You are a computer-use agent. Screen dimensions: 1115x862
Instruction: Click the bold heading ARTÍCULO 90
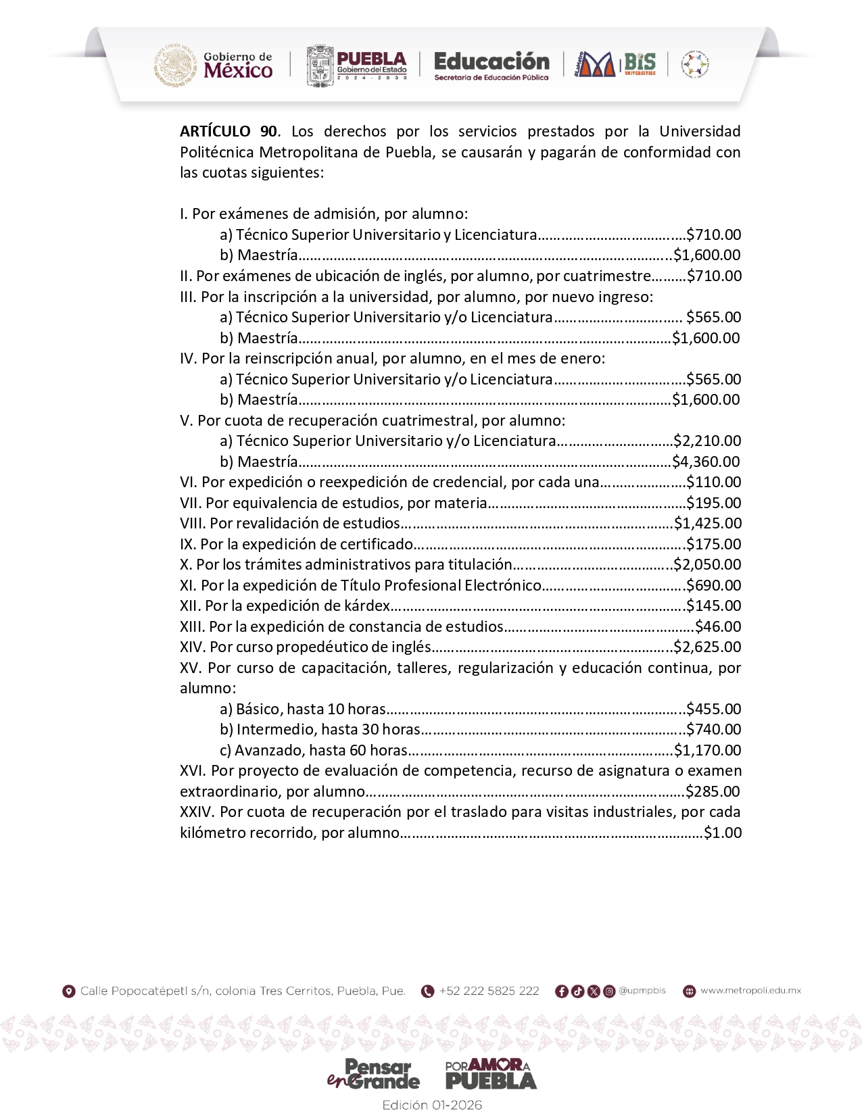point(229,131)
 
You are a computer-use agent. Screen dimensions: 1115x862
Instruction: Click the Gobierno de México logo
point(214,65)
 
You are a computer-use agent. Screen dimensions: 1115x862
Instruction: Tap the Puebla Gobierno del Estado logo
point(357,66)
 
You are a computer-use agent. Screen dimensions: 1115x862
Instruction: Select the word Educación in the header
point(492,61)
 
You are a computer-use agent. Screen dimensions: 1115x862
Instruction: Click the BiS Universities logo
point(639,64)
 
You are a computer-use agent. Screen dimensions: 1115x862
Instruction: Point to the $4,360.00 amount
point(706,462)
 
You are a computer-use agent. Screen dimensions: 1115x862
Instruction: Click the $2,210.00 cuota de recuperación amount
point(707,441)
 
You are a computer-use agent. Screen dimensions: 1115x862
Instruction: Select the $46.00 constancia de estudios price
point(718,626)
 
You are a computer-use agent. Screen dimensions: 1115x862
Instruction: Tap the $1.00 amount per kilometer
point(723,833)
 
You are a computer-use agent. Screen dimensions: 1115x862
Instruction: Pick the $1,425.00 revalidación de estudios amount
point(708,523)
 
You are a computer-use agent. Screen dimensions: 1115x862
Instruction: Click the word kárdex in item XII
point(370,605)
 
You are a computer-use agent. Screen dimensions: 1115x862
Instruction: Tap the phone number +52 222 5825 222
point(489,991)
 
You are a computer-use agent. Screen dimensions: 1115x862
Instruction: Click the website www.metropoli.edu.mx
point(750,991)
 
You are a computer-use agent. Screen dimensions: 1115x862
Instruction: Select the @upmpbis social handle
point(642,991)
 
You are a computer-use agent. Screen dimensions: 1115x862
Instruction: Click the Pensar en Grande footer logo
point(373,1074)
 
